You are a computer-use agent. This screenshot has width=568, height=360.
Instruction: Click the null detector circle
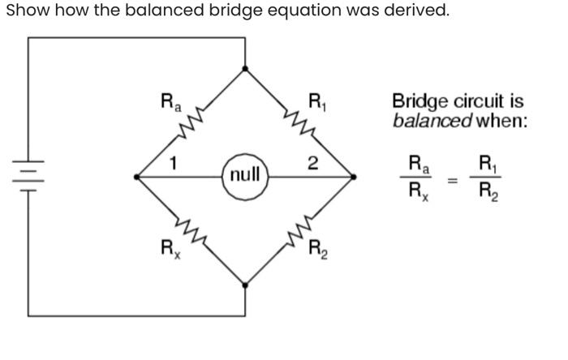[x=245, y=174]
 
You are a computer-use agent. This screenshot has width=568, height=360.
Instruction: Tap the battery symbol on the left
[x=28, y=175]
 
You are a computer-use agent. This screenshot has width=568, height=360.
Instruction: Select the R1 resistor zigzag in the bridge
[x=299, y=122]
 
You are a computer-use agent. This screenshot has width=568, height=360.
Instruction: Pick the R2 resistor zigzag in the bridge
[x=299, y=229]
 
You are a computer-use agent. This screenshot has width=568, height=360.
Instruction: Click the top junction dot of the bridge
[x=245, y=69]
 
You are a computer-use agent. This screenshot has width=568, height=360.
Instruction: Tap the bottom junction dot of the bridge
[x=245, y=284]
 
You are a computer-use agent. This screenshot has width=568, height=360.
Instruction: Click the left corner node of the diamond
[x=137, y=175]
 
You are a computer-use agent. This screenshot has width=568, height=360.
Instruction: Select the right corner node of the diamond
[x=354, y=175]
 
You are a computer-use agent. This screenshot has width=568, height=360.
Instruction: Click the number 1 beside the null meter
[x=173, y=162]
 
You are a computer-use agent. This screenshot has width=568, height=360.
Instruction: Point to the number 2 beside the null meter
[x=312, y=162]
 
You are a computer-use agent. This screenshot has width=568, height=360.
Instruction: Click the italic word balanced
[x=432, y=122]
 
